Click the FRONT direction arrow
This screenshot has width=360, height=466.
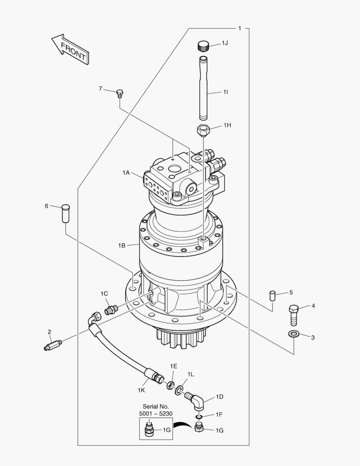pyautogui.click(x=70, y=49)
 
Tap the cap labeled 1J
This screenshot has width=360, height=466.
pyautogui.click(x=203, y=46)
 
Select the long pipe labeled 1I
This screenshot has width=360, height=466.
pyautogui.click(x=204, y=88)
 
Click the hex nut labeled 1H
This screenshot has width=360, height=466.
pyautogui.click(x=203, y=129)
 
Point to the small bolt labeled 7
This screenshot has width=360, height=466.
pyautogui.click(x=120, y=93)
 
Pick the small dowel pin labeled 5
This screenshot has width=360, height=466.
pyautogui.click(x=272, y=296)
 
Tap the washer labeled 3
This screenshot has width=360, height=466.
pyautogui.click(x=294, y=334)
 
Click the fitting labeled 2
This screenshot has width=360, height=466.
pyautogui.click(x=53, y=345)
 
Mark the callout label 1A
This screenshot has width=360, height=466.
pyautogui.click(x=126, y=173)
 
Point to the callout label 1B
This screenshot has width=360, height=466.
pyautogui.click(x=122, y=245)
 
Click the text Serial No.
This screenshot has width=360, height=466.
pyautogui.click(x=156, y=406)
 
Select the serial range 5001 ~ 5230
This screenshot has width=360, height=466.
pyautogui.click(x=156, y=414)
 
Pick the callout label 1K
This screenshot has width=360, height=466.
pyautogui.click(x=141, y=390)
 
